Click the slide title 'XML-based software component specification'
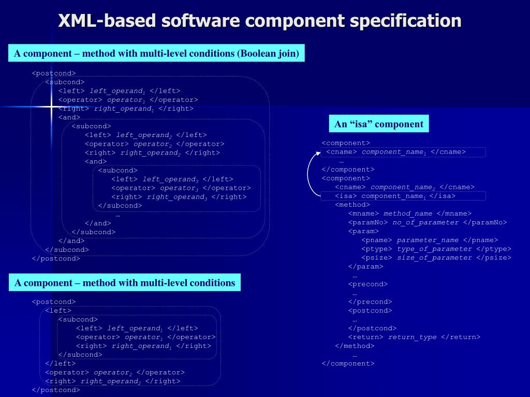click(x=259, y=21)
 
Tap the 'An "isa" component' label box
click(x=379, y=124)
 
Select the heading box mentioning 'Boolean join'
click(x=156, y=53)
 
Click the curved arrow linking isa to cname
click(x=309, y=174)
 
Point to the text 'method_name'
click(x=408, y=213)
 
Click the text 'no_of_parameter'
click(x=425, y=222)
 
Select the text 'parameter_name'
click(x=428, y=240)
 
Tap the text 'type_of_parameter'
click(x=434, y=249)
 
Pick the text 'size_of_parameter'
click(x=434, y=257)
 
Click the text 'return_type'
click(x=413, y=337)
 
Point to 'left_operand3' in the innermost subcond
click(x=170, y=179)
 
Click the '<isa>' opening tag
click(x=346, y=196)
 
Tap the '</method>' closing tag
click(x=355, y=346)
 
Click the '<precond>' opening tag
click(x=367, y=284)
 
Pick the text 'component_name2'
click(x=403, y=187)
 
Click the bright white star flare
click(x=51, y=107)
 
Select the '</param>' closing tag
click(x=365, y=266)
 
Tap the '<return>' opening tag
click(x=366, y=337)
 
